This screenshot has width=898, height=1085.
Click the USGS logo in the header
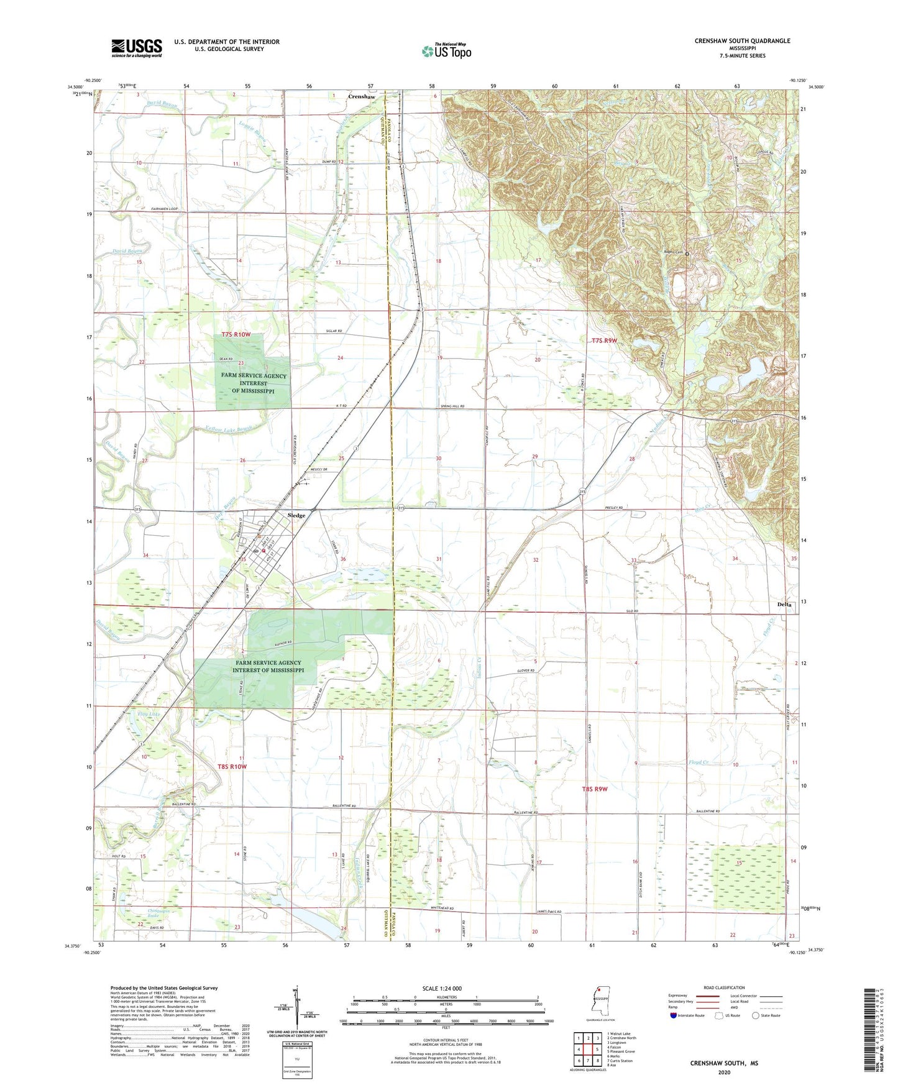tap(137, 48)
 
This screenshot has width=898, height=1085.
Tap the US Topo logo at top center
tap(446, 51)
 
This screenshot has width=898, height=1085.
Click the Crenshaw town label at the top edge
tap(361, 97)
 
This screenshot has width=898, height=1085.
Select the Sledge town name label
tap(296, 516)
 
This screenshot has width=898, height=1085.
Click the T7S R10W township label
tap(236, 335)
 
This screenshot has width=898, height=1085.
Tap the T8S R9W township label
tap(594, 789)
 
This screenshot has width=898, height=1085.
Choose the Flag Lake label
tap(149, 714)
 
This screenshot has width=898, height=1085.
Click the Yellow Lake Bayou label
tap(229, 428)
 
